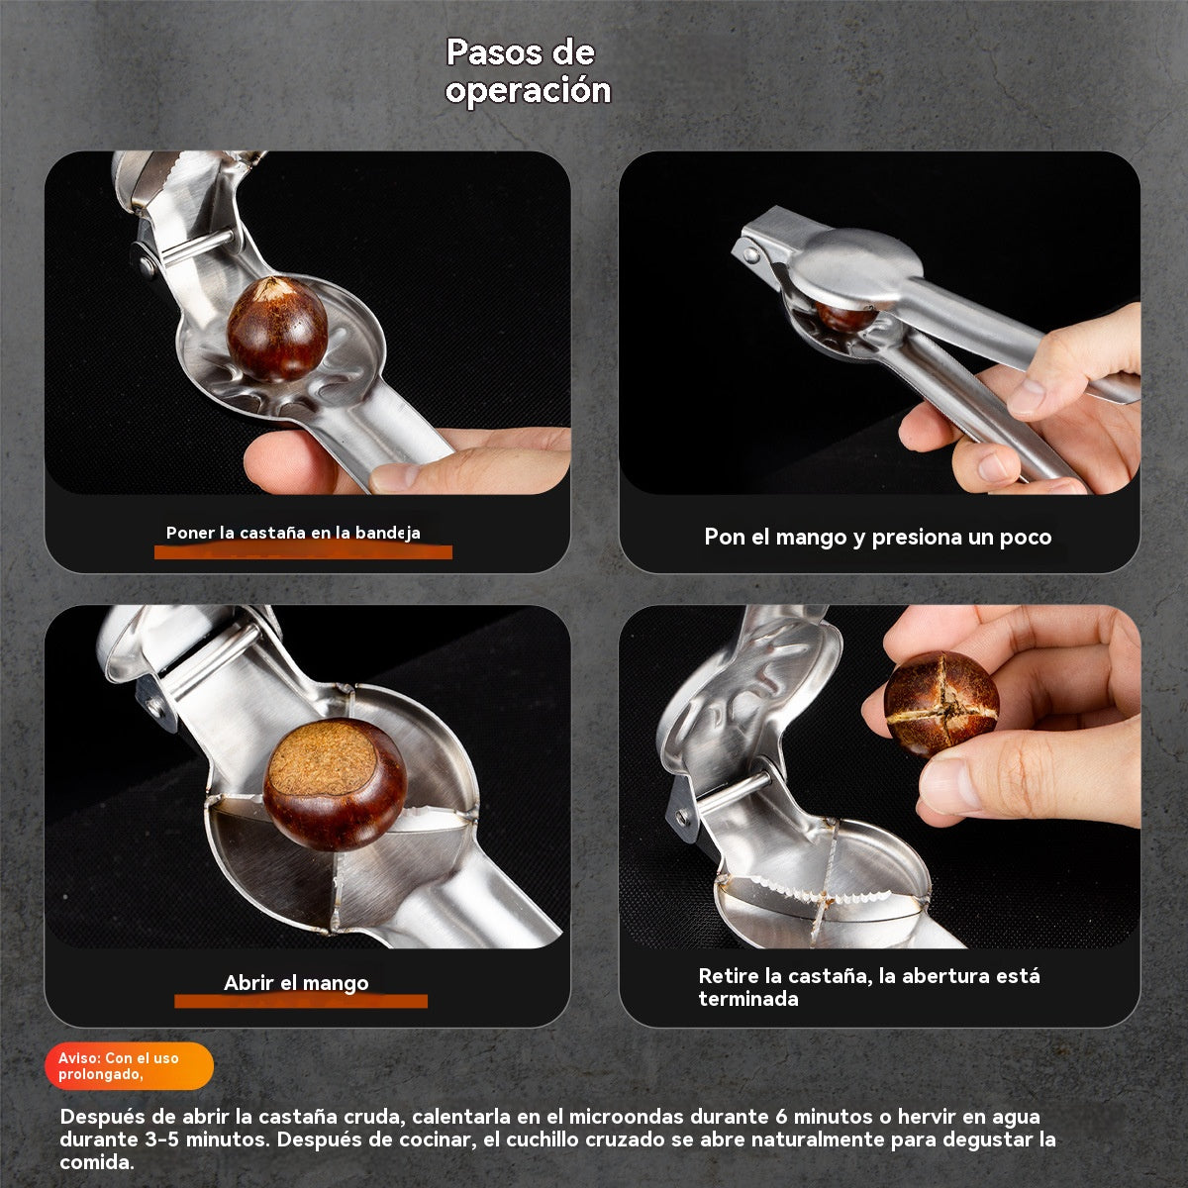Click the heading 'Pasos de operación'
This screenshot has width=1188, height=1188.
(528, 71)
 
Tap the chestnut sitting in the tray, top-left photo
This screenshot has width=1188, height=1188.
(277, 329)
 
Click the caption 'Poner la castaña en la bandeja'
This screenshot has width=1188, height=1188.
(293, 533)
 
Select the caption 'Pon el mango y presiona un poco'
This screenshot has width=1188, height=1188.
(877, 538)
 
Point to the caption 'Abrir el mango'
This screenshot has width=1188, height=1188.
(296, 983)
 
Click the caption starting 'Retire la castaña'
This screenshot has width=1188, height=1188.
(868, 987)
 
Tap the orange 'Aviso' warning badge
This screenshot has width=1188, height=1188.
(129, 1065)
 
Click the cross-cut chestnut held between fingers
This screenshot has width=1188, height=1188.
(940, 704)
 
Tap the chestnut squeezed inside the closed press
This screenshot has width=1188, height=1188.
(844, 317)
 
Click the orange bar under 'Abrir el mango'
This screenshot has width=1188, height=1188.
(301, 1001)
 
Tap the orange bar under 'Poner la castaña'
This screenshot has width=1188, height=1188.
(303, 551)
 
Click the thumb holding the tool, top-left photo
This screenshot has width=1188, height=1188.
(297, 463)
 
